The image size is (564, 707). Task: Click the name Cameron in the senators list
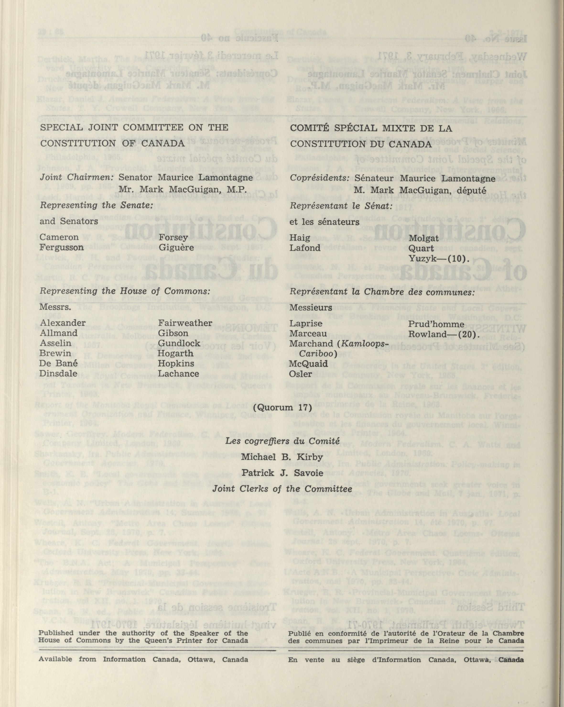59,237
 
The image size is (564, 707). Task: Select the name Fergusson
61,247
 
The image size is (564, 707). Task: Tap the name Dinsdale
59,374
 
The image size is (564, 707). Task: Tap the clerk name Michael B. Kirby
282,457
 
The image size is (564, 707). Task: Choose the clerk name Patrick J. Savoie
282,473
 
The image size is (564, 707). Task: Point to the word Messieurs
311,308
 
